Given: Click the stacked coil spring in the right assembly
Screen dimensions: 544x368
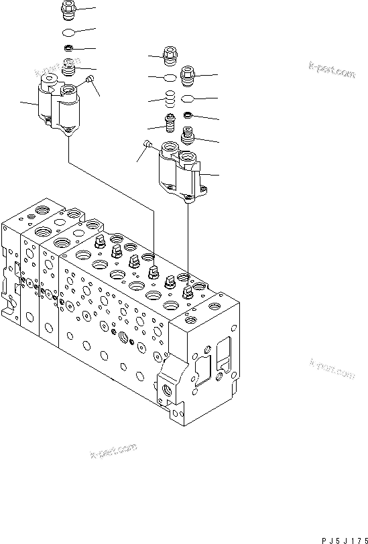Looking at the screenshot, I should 171,100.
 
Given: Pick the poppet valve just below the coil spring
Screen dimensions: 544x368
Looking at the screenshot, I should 170,123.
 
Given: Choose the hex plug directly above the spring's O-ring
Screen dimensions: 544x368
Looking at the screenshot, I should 170,56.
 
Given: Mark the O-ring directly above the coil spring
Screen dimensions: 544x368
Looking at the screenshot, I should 171,79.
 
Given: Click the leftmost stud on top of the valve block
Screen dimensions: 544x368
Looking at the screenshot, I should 99,242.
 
